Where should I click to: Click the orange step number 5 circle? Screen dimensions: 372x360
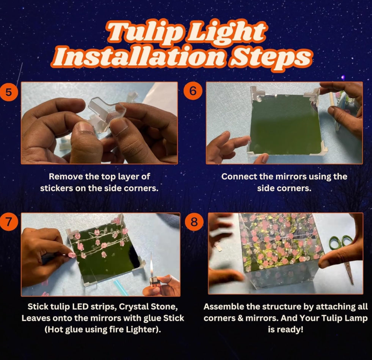tap(9, 92)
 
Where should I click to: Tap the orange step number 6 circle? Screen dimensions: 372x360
tap(193, 91)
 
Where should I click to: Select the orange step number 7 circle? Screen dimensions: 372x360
tap(9, 222)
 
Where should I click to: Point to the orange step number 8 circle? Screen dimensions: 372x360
tap(194, 222)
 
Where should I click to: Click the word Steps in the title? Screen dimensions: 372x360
tap(271, 57)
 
